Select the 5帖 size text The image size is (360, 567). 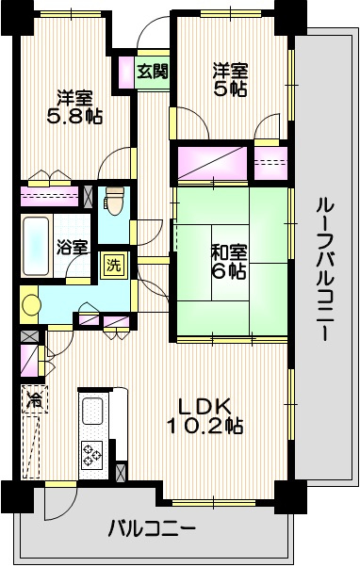coord(229,90)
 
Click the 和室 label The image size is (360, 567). coord(228,252)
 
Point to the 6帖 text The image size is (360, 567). coord(229,272)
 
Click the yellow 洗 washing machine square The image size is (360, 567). coord(113,265)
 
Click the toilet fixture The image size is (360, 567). coord(113,201)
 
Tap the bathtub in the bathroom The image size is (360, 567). coord(37,245)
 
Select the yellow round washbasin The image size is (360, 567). coord(32,306)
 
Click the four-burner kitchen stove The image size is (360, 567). coord(93,456)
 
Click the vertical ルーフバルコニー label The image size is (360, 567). coord(323,267)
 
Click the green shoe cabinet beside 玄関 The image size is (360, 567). coord(124,72)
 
